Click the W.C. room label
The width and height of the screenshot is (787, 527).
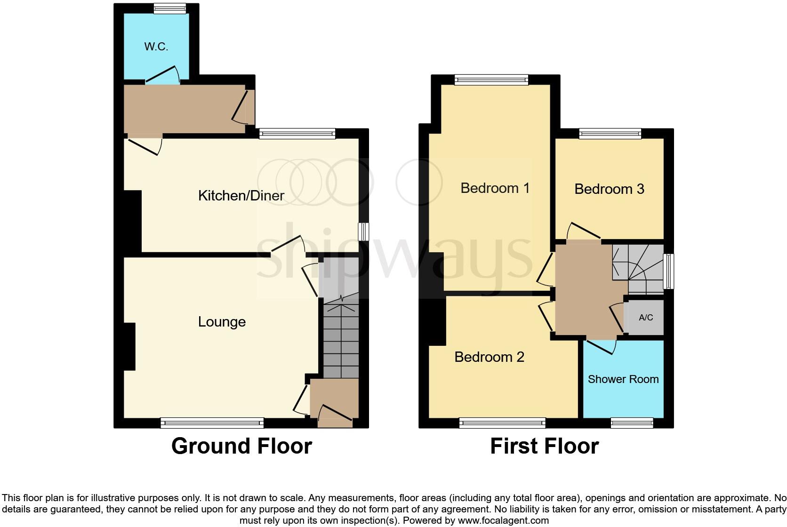click(x=156, y=47)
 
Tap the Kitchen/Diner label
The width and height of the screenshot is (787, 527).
click(x=241, y=196)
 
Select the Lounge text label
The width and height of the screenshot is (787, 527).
click(x=222, y=322)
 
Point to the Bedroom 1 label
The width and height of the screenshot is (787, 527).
click(x=495, y=188)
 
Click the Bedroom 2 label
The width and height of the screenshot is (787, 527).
click(x=489, y=357)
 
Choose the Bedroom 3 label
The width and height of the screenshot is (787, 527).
click(x=609, y=189)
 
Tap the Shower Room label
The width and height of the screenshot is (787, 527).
click(x=623, y=379)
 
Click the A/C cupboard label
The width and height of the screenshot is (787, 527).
click(x=646, y=318)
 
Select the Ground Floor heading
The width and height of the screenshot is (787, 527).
click(x=241, y=446)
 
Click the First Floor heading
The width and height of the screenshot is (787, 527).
click(x=544, y=446)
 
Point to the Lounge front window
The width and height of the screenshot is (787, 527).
click(x=212, y=423)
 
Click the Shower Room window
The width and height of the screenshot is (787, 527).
click(x=632, y=423)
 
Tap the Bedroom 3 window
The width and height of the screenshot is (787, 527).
click(x=610, y=134)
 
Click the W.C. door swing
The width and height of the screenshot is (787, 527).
click(x=162, y=75)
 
